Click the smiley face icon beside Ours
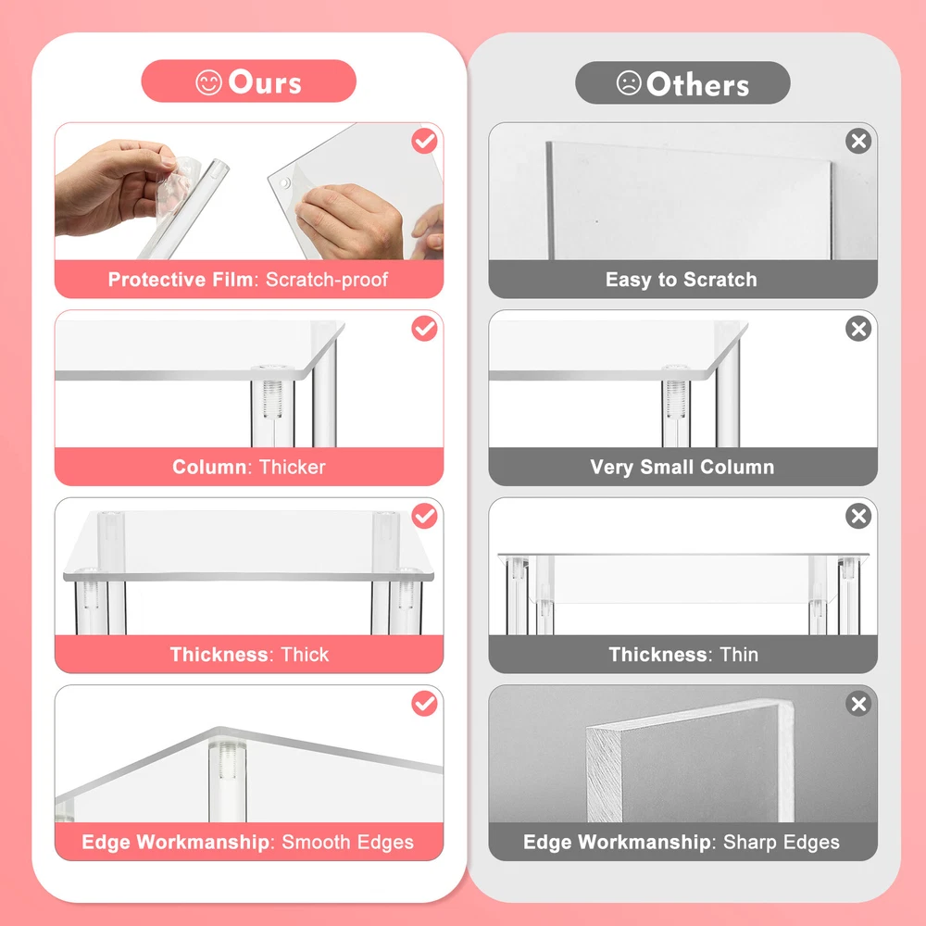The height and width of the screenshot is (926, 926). tap(208, 82)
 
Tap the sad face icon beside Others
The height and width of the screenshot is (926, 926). tap(629, 83)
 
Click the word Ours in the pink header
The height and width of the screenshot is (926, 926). tap(265, 82)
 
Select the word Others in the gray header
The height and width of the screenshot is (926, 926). tap(697, 84)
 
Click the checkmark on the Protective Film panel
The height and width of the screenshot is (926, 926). tap(425, 141)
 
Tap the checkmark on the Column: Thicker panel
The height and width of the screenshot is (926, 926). tap(425, 329)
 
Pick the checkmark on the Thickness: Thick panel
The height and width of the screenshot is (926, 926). tap(425, 516)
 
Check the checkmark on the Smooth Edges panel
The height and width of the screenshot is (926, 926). tap(425, 704)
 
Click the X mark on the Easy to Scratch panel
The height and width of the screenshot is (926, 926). tap(858, 141)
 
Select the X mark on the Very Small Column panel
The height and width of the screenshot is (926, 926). tap(858, 329)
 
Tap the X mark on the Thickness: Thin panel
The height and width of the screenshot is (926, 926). tap(858, 516)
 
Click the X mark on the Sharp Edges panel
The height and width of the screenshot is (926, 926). tap(858, 704)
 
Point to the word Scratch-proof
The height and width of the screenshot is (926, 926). tap(327, 280)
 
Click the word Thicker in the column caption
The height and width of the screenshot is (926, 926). tap(293, 467)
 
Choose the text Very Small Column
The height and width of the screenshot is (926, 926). tap(682, 467)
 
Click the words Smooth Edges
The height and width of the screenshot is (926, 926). tap(348, 842)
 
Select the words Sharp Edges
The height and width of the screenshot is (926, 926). tap(782, 842)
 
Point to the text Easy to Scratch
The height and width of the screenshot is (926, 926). tap(682, 280)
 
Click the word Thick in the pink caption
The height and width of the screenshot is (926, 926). tap(305, 655)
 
